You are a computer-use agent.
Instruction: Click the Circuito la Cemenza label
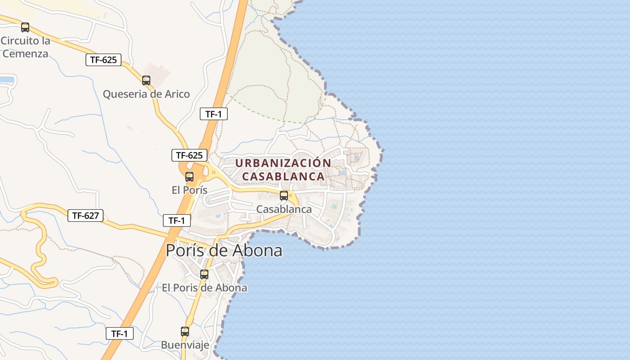click(x=25, y=47)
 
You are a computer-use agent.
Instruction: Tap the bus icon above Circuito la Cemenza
click(x=25, y=27)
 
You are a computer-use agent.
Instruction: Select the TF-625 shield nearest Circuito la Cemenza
click(x=103, y=60)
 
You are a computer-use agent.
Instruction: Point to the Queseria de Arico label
click(x=146, y=94)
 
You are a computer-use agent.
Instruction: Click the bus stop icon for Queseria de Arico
click(x=146, y=81)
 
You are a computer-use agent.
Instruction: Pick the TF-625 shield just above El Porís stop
click(x=189, y=156)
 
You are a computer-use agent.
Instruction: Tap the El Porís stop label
click(x=189, y=190)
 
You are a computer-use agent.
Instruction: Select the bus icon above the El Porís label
click(x=189, y=177)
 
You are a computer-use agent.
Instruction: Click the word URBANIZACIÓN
click(x=283, y=163)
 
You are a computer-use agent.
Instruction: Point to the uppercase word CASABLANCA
click(x=283, y=176)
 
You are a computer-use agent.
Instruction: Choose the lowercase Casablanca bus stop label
click(x=284, y=209)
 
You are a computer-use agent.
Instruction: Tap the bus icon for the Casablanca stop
click(x=284, y=196)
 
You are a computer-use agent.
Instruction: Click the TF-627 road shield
click(x=85, y=216)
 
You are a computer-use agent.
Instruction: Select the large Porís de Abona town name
click(x=224, y=251)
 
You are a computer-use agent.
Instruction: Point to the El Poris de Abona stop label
click(x=204, y=288)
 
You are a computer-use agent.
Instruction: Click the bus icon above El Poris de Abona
click(x=204, y=274)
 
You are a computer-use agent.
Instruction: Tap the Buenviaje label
click(x=185, y=345)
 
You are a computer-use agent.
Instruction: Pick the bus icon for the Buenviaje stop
click(x=185, y=332)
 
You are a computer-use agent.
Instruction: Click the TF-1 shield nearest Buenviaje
click(x=120, y=334)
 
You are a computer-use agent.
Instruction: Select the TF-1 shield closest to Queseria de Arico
click(x=214, y=114)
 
